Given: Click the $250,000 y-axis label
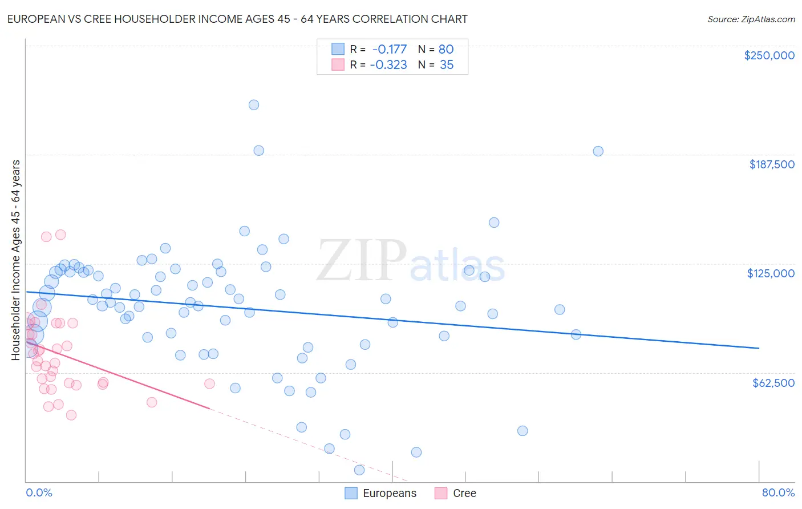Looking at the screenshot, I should pos(769,55).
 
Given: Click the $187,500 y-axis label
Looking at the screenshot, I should pos(771,164).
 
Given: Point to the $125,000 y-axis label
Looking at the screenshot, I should pos(771,273).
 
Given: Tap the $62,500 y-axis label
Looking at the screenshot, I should pos(773,383).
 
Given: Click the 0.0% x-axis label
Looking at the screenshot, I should pos(39,492).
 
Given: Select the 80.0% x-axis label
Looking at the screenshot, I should pos(778,492).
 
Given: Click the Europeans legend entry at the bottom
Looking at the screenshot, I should pos(390,493).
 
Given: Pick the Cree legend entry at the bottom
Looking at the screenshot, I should pos(464,493).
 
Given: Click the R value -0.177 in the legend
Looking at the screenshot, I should pos(390,49).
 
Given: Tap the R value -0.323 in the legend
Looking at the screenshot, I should pos(388,65).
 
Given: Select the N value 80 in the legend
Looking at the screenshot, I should pos(446,49).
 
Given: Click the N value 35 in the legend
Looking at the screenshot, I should pos(447,65).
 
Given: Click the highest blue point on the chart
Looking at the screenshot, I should pos(254,105).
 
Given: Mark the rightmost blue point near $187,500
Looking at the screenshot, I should pos(598,151).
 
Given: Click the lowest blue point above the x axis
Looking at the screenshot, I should pos(359,470).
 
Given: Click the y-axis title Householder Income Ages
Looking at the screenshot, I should pos(15,260).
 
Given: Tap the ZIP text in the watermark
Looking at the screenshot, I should pos(362,261).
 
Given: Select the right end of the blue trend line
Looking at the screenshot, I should pos(759,348).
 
